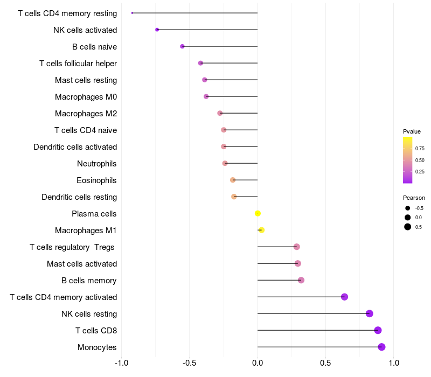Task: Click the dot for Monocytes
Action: coord(381,347)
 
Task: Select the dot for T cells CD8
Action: coord(378,330)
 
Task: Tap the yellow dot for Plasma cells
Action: coord(258,213)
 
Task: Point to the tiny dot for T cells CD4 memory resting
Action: coord(132,13)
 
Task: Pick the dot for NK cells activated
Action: coord(157,30)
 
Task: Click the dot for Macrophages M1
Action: coord(262,231)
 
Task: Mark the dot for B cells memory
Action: coord(301,280)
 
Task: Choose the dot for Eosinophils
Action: coord(233,180)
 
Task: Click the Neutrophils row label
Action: coord(97,164)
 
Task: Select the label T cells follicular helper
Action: coord(78,64)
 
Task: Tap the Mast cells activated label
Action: coord(82,264)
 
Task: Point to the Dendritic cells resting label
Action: coord(79,197)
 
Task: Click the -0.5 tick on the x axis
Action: coord(190,363)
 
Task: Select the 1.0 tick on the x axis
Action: coord(394,363)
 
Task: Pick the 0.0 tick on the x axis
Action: coord(258,363)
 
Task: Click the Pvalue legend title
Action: coord(412,131)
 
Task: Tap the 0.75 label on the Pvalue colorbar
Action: coord(420,149)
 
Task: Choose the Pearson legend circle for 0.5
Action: coord(408,227)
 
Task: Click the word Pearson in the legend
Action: coord(414,198)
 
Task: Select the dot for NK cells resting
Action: coord(370,313)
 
